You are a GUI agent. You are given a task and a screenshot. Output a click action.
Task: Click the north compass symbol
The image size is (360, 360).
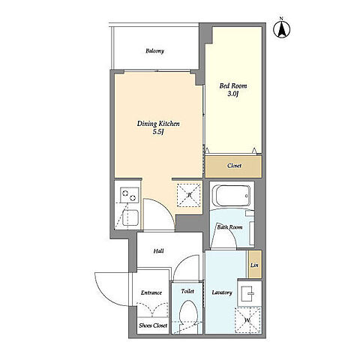pyautogui.click(x=281, y=29)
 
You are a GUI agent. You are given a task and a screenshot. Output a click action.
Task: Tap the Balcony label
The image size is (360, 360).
pyautogui.click(x=155, y=51)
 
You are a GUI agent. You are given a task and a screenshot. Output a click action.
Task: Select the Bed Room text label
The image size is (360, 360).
pyautogui.click(x=233, y=86)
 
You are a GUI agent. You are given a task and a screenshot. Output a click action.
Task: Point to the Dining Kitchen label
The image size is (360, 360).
pyautogui.click(x=158, y=124)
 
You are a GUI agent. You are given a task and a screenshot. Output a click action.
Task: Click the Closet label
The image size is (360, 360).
pyautogui.click(x=234, y=166)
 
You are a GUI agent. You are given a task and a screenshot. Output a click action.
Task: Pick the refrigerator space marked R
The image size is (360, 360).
pyautogui.click(x=189, y=195)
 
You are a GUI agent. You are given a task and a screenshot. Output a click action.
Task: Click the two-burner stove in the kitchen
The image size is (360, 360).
pyautogui.click(x=129, y=195)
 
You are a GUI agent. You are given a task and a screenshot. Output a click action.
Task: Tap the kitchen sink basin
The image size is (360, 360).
pyautogui.click(x=130, y=217)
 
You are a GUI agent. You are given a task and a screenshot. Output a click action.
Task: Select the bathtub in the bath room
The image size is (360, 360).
pyautogui.click(x=231, y=196)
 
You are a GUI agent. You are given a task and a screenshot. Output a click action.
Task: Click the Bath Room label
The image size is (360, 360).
pyautogui.click(x=229, y=227)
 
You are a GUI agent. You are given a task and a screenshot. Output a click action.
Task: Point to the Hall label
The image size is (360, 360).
pyautogui.click(x=159, y=250)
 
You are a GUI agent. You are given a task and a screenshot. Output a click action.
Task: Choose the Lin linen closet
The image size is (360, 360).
pyautogui.click(x=255, y=265)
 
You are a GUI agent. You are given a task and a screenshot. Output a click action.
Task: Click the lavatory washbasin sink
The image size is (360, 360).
pyautogui.click(x=248, y=293)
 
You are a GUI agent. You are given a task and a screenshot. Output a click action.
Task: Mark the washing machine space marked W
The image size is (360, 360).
pyautogui.click(x=247, y=320)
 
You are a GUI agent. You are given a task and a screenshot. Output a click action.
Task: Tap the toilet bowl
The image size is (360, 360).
pyautogui.click(x=189, y=313)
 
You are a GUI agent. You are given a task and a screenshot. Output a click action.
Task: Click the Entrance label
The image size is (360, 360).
pyautogui.click(x=151, y=292)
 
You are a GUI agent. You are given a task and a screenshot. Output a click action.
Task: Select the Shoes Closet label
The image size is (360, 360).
pyautogui.click(x=153, y=325)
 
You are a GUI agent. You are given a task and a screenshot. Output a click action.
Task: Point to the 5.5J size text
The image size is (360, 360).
pyautogui.click(x=158, y=132)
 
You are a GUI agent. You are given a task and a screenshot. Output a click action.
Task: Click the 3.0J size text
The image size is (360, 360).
pyautogui.click(x=232, y=94)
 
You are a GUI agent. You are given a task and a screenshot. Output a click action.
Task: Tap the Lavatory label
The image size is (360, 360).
pyautogui.click(x=222, y=292)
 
